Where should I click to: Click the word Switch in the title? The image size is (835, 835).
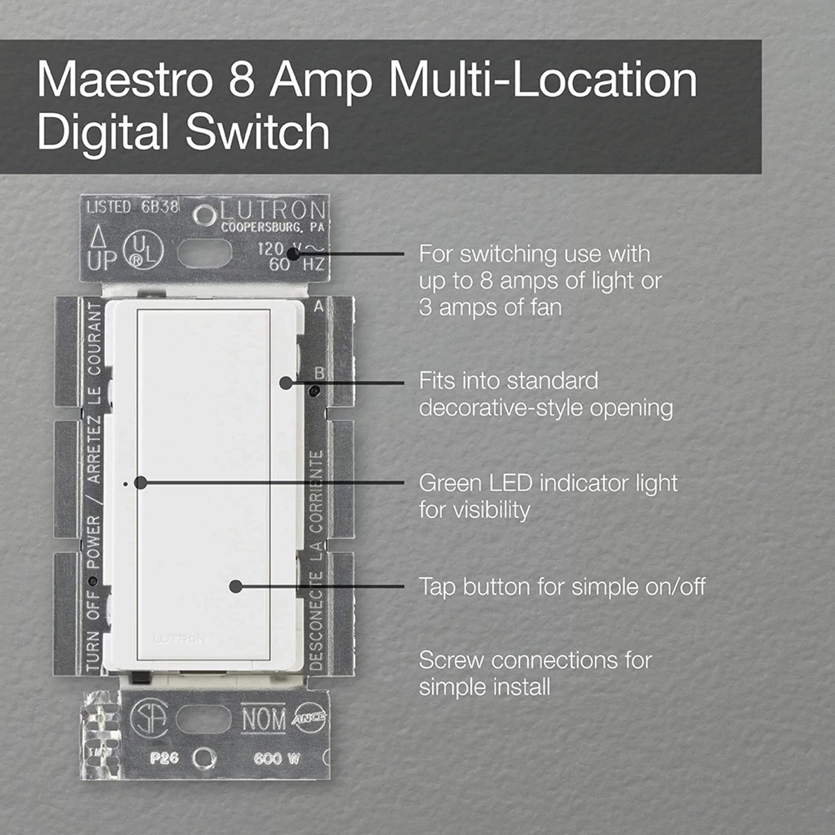point(257,132)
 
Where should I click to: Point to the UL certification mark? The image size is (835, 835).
point(143,252)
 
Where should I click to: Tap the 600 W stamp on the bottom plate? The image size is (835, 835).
point(277,758)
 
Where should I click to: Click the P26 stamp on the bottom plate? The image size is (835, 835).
point(164,758)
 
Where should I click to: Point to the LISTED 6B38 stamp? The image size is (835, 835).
point(132,207)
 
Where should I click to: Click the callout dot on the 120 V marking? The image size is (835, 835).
point(294,254)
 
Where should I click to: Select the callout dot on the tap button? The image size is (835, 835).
point(235,587)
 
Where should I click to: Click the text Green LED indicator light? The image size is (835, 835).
point(548,483)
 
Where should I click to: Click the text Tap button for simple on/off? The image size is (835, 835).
point(562,587)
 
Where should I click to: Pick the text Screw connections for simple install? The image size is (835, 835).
point(535,673)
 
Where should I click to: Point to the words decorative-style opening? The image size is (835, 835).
point(545,408)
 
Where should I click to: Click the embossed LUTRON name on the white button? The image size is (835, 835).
point(180,639)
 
